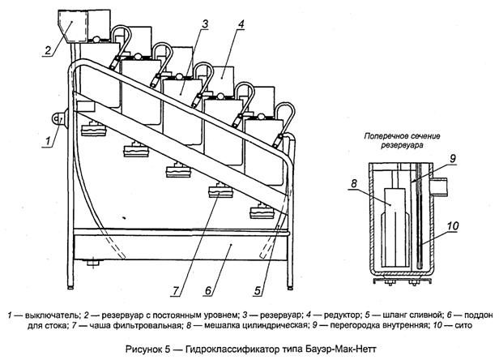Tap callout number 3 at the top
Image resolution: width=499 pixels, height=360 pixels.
(207, 25)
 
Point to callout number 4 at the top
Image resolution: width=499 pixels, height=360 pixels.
(242, 25)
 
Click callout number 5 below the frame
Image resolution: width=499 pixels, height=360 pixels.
(258, 285)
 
